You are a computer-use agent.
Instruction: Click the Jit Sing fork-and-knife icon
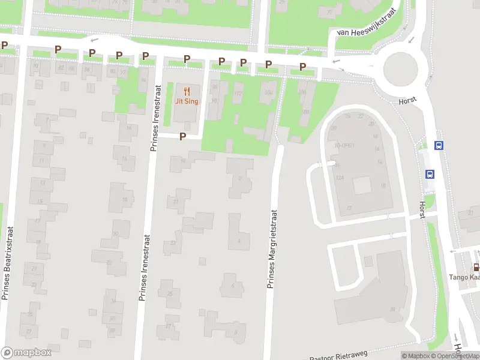[187, 91]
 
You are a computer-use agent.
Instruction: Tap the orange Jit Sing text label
[187, 101]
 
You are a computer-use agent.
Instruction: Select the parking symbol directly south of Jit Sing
[182, 137]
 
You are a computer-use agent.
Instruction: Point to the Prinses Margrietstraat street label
[271, 248]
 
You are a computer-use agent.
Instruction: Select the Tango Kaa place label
[465, 277]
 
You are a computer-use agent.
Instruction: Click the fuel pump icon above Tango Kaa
[476, 267]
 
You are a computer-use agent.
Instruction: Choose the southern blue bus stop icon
[430, 174]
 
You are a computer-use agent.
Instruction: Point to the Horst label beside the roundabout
[408, 102]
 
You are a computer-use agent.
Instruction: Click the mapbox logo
[26, 352]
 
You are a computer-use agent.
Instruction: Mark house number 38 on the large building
[392, 310]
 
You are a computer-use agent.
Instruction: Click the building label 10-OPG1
[346, 145]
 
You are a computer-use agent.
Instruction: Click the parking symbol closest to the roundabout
[302, 67]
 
